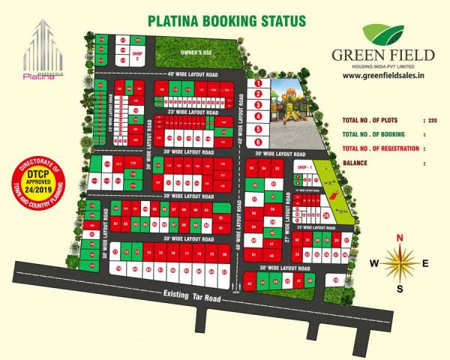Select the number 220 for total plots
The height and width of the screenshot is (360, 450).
coord(430,120)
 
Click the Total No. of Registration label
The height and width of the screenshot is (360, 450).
coord(379,148)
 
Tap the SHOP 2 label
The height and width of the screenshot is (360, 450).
coord(136,55)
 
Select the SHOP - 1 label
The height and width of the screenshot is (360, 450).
coord(304,167)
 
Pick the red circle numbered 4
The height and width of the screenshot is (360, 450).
coord(257,116)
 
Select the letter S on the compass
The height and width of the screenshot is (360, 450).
coord(400,288)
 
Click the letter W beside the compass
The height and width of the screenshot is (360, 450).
coord(373,263)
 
